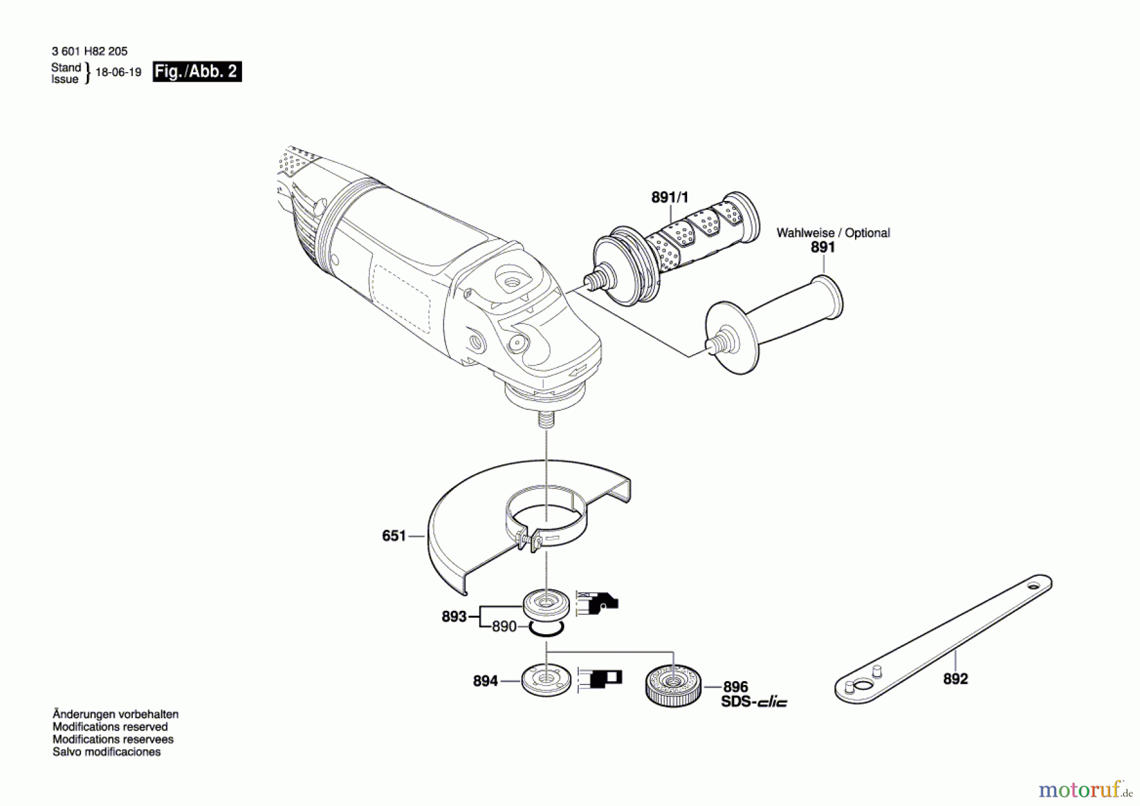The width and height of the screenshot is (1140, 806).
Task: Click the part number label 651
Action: point(393,536)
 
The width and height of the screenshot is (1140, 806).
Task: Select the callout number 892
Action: point(955,679)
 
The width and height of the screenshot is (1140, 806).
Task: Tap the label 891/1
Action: point(669,198)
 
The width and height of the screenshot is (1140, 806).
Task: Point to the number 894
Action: point(485,681)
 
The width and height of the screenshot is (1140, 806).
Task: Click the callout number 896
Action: point(735,687)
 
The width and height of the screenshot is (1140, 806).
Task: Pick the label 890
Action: point(504,627)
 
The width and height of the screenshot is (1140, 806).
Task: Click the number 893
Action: point(453,617)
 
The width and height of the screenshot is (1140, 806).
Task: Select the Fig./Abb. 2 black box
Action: point(197,72)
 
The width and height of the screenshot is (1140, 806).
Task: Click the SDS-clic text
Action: point(754,702)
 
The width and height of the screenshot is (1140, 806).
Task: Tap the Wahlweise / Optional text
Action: point(833,233)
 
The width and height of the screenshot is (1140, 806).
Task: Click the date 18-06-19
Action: point(118,72)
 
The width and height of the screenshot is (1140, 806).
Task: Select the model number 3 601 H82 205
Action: point(89,51)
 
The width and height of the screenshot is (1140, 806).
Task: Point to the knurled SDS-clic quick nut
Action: point(673,684)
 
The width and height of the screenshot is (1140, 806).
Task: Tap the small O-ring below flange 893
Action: point(546,629)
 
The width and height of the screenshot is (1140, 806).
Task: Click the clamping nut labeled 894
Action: point(545,680)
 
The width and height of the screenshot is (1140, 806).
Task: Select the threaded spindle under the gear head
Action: point(546,420)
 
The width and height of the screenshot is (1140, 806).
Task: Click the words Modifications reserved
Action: point(110,727)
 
